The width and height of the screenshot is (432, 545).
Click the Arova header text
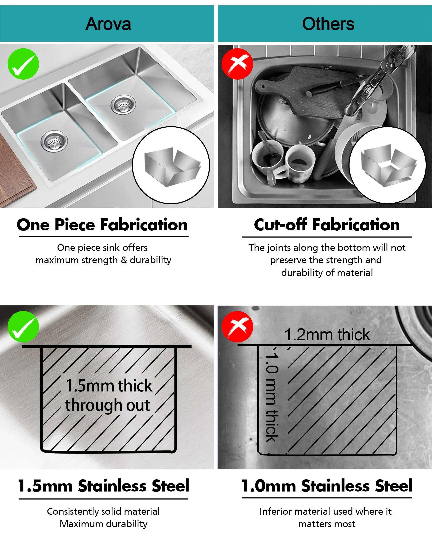click(x=108, y=24)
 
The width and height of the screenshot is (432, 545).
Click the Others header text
click(x=328, y=24)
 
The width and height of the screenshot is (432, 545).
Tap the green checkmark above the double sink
click(x=23, y=64)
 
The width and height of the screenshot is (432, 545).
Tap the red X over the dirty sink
click(x=237, y=64)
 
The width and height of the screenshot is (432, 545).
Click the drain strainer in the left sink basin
click(x=54, y=141)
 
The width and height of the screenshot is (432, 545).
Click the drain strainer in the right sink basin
click(x=123, y=104)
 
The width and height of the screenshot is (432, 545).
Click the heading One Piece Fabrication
click(x=102, y=224)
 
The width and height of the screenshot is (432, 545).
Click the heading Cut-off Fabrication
click(x=327, y=224)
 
